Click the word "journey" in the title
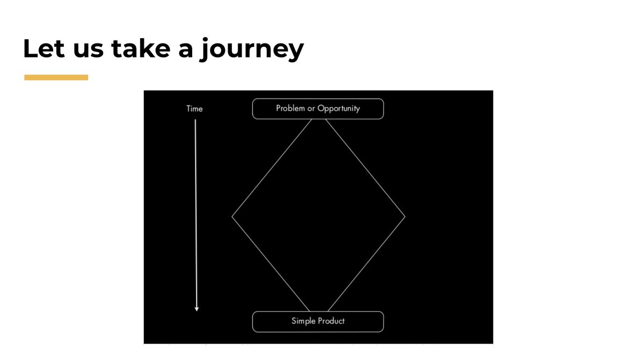pos(251,52)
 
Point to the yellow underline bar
pos(56,77)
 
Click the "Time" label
pos(194,109)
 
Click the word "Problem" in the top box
pos(290,108)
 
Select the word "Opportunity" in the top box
pos(339,109)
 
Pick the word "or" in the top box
pos(311,108)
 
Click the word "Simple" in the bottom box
pos(303,321)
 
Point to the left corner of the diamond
pos(232,216)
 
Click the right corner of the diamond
pos(405,216)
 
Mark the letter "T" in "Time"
pos(188,109)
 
